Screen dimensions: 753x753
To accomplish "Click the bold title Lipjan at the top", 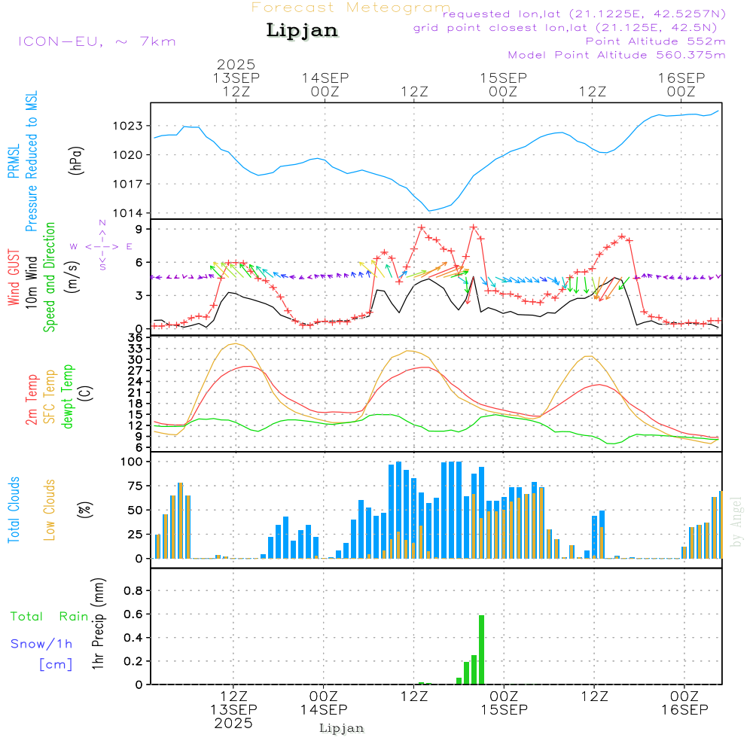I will point(302,30).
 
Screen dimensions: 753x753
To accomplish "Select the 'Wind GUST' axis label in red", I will point(14,277).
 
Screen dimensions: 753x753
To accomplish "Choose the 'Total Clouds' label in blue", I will point(14,509).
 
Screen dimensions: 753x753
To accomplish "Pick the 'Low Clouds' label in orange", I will point(50,509).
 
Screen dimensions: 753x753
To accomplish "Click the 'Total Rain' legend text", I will point(50,616).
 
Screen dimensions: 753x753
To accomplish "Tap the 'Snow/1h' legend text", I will point(41,644).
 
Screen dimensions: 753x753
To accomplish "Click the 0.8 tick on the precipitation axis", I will point(133,591).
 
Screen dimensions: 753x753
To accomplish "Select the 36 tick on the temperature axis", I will point(136,338).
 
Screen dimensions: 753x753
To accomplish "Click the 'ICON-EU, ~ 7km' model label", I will point(96,41).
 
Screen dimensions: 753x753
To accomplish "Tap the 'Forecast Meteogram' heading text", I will point(351,8).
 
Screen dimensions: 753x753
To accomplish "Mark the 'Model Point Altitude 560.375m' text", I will point(617,55).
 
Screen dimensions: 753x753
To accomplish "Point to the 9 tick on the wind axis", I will point(139,229).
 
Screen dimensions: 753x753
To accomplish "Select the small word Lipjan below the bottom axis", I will point(342,728).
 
